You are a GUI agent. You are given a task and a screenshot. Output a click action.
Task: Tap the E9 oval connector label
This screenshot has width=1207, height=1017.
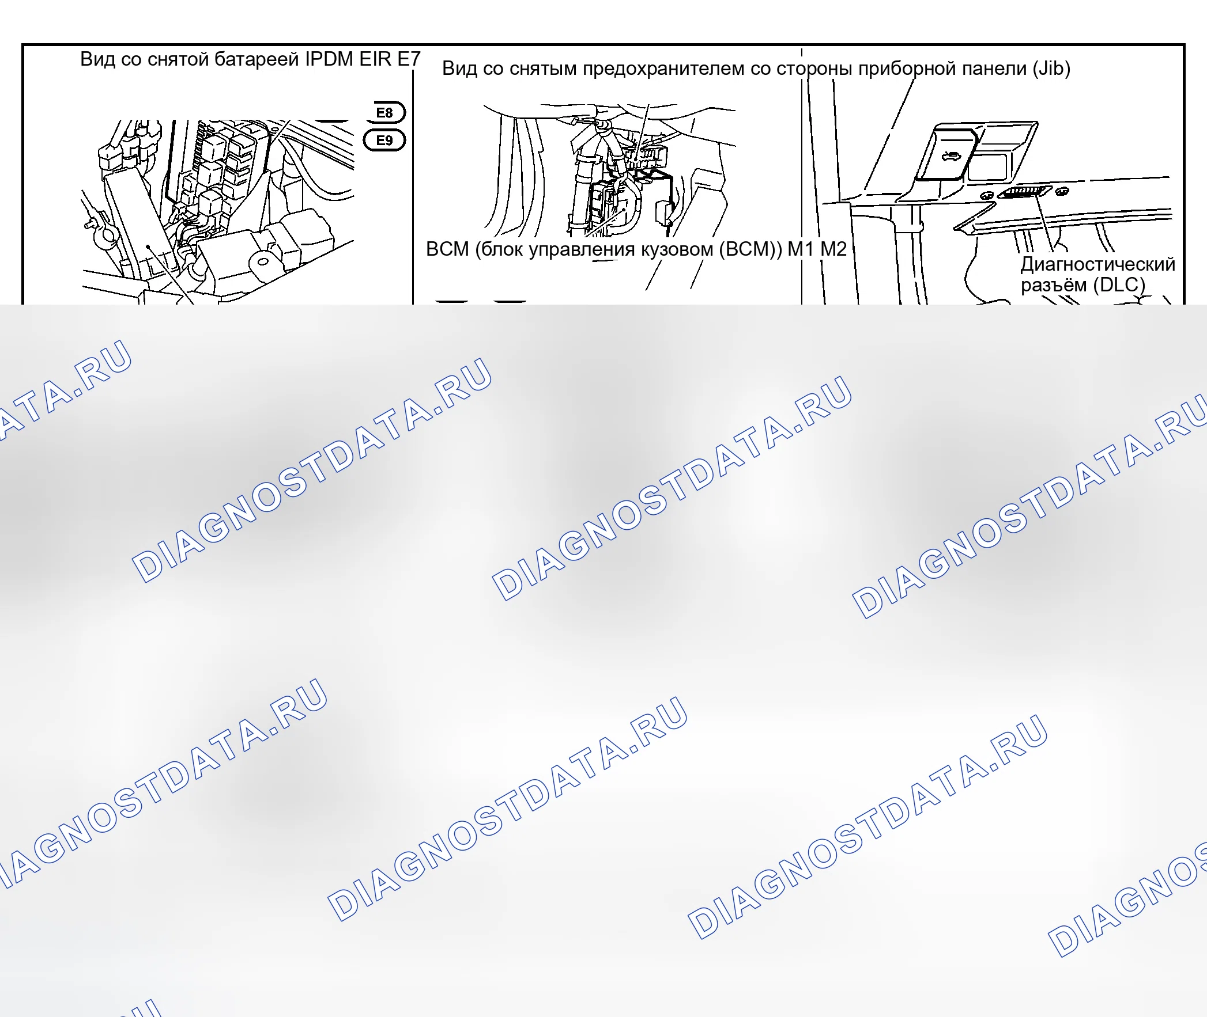pyautogui.click(x=384, y=140)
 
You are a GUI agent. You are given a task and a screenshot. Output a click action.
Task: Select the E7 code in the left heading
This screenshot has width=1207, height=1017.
pyautogui.click(x=409, y=59)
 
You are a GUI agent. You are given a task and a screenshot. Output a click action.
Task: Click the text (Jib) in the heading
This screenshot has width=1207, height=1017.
pyautogui.click(x=1051, y=69)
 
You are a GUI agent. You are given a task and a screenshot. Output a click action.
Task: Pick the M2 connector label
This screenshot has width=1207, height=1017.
pyautogui.click(x=833, y=249)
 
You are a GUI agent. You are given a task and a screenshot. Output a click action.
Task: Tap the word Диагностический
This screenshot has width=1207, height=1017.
pyautogui.click(x=1098, y=264)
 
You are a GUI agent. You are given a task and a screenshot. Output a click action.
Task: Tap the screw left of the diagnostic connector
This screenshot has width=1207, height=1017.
pyautogui.click(x=987, y=196)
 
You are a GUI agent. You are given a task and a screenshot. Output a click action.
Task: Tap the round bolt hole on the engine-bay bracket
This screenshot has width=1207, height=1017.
pyautogui.click(x=262, y=262)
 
